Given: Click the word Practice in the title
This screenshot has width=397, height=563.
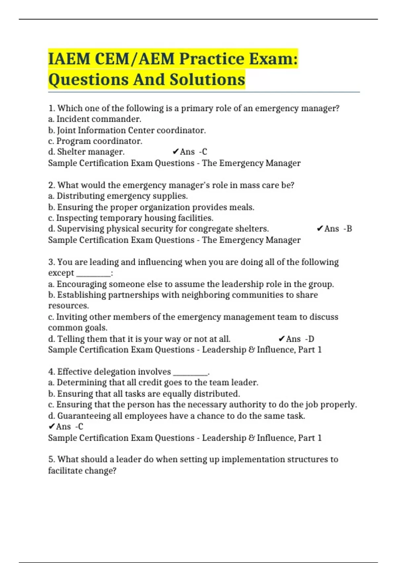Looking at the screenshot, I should pyautogui.click(x=212, y=59).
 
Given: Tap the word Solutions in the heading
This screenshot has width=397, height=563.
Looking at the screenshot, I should pyautogui.click(x=207, y=79).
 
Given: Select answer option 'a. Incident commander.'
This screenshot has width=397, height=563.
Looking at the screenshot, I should pyautogui.click(x=95, y=119).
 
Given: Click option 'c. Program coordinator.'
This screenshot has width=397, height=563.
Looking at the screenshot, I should pyautogui.click(x=95, y=141).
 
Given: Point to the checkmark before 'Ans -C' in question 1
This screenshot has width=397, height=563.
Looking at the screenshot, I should pyautogui.click(x=176, y=152).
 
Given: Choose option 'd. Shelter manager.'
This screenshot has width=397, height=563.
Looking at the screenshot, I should pyautogui.click(x=86, y=152).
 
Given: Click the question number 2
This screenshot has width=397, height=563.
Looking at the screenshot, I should pyautogui.click(x=51, y=185).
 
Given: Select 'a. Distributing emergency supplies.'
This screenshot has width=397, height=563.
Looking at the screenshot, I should pyautogui.click(x=118, y=196).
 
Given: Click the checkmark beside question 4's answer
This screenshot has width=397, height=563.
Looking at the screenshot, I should pyautogui.click(x=52, y=427).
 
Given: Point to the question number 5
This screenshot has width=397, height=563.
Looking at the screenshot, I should pyautogui.click(x=51, y=459).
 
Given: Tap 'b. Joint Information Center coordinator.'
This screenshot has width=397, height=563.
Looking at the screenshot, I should pyautogui.click(x=127, y=130).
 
